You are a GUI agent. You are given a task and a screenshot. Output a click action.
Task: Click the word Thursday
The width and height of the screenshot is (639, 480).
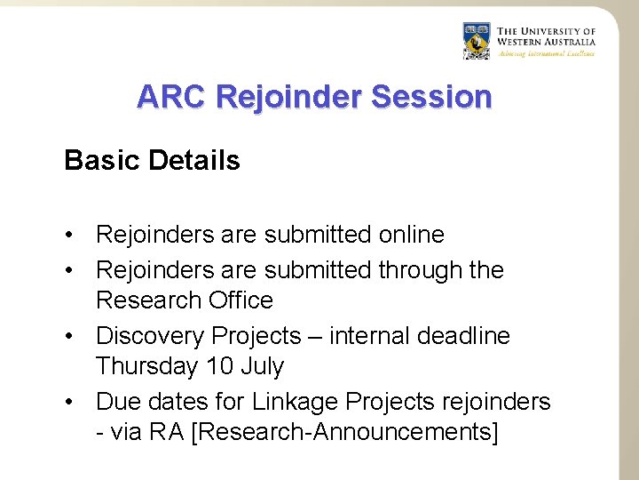[146, 366]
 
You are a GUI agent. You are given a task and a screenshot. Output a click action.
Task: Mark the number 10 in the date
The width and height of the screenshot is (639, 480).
[217, 366]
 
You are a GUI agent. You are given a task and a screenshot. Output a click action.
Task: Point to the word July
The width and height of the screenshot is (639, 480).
[262, 366]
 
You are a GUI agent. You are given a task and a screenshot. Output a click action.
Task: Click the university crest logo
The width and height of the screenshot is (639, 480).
[477, 41]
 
